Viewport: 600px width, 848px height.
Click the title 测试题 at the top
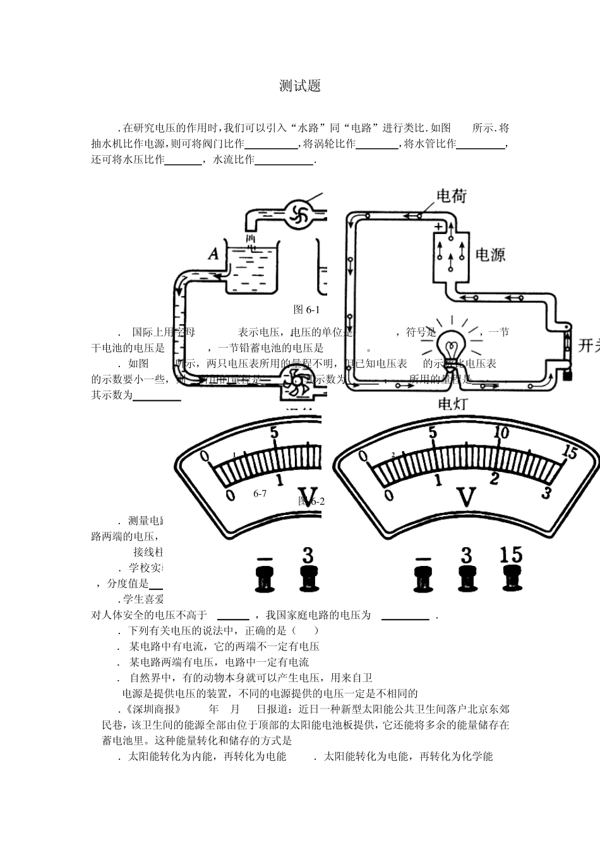(x=300, y=86)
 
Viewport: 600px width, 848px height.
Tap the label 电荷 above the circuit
(x=451, y=196)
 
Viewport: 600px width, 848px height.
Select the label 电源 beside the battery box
(x=489, y=255)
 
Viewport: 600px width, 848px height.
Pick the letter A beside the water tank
(x=213, y=254)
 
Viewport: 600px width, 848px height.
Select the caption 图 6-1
(x=308, y=310)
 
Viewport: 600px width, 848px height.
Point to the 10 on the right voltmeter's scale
(x=501, y=433)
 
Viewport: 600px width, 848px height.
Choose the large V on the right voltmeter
(x=466, y=497)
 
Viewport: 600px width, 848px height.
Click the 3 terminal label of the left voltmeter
(x=308, y=555)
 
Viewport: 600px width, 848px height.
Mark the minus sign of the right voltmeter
(x=423, y=558)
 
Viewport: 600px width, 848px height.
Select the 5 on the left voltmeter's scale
(x=274, y=433)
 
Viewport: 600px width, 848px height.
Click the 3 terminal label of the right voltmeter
(x=466, y=555)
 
